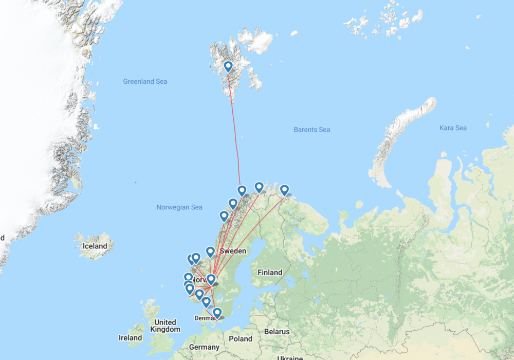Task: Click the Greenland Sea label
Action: (145, 82)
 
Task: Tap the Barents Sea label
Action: (312, 130)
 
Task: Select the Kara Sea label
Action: (453, 128)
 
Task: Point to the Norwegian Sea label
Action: (179, 207)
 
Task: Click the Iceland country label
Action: (95, 246)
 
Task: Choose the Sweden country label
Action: (234, 251)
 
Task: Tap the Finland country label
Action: (270, 273)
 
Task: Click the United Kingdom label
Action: (166, 326)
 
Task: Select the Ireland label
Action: (130, 338)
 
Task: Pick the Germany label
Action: (204, 347)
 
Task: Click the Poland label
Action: (241, 339)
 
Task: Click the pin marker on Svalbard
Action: (228, 67)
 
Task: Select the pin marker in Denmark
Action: (217, 313)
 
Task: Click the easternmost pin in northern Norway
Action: (284, 190)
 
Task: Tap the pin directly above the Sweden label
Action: (210, 251)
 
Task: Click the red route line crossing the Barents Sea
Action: (235, 134)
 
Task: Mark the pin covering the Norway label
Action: (210, 279)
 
